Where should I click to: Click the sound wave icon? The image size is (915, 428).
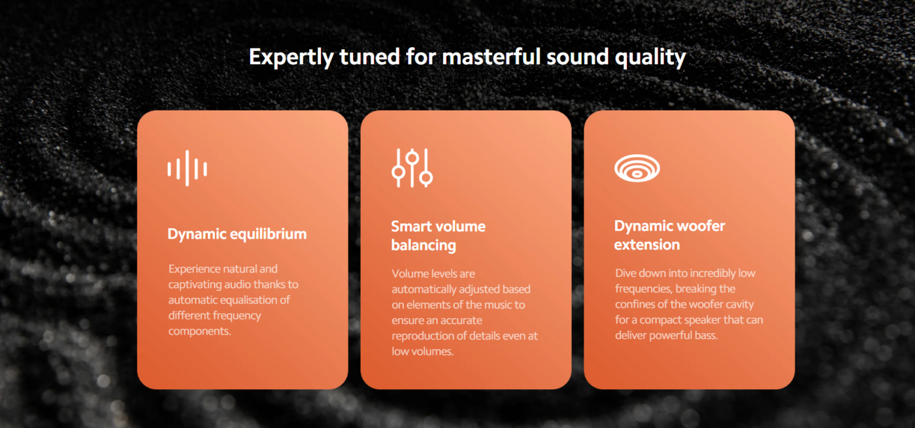tap(187, 169)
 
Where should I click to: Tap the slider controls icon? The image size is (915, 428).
tap(412, 168)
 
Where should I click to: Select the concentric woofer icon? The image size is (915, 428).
tap(637, 168)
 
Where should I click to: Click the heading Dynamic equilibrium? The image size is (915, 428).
tap(237, 235)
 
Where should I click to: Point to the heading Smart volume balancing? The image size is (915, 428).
tap(439, 236)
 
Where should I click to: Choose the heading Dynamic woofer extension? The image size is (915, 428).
tap(669, 235)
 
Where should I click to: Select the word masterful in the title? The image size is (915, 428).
tap(491, 56)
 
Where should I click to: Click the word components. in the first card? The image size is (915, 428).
tap(200, 331)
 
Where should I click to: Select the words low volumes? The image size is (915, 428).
tap(423, 352)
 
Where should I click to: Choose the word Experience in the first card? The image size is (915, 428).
tap(195, 269)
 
